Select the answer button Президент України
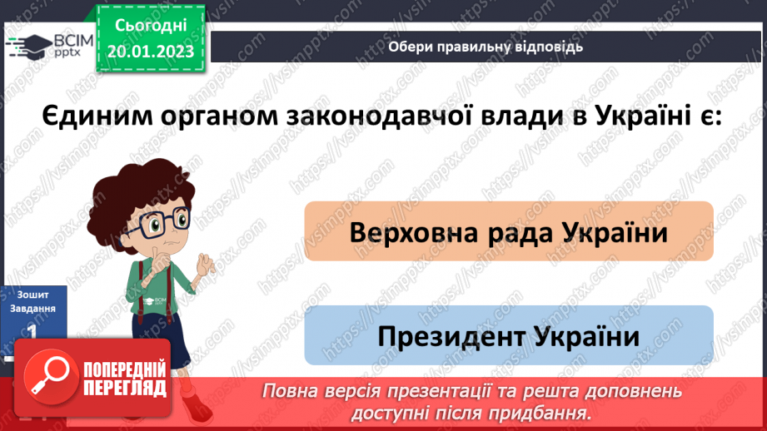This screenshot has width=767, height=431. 508,336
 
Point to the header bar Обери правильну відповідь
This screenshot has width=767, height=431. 486,47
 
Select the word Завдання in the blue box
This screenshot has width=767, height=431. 32,308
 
